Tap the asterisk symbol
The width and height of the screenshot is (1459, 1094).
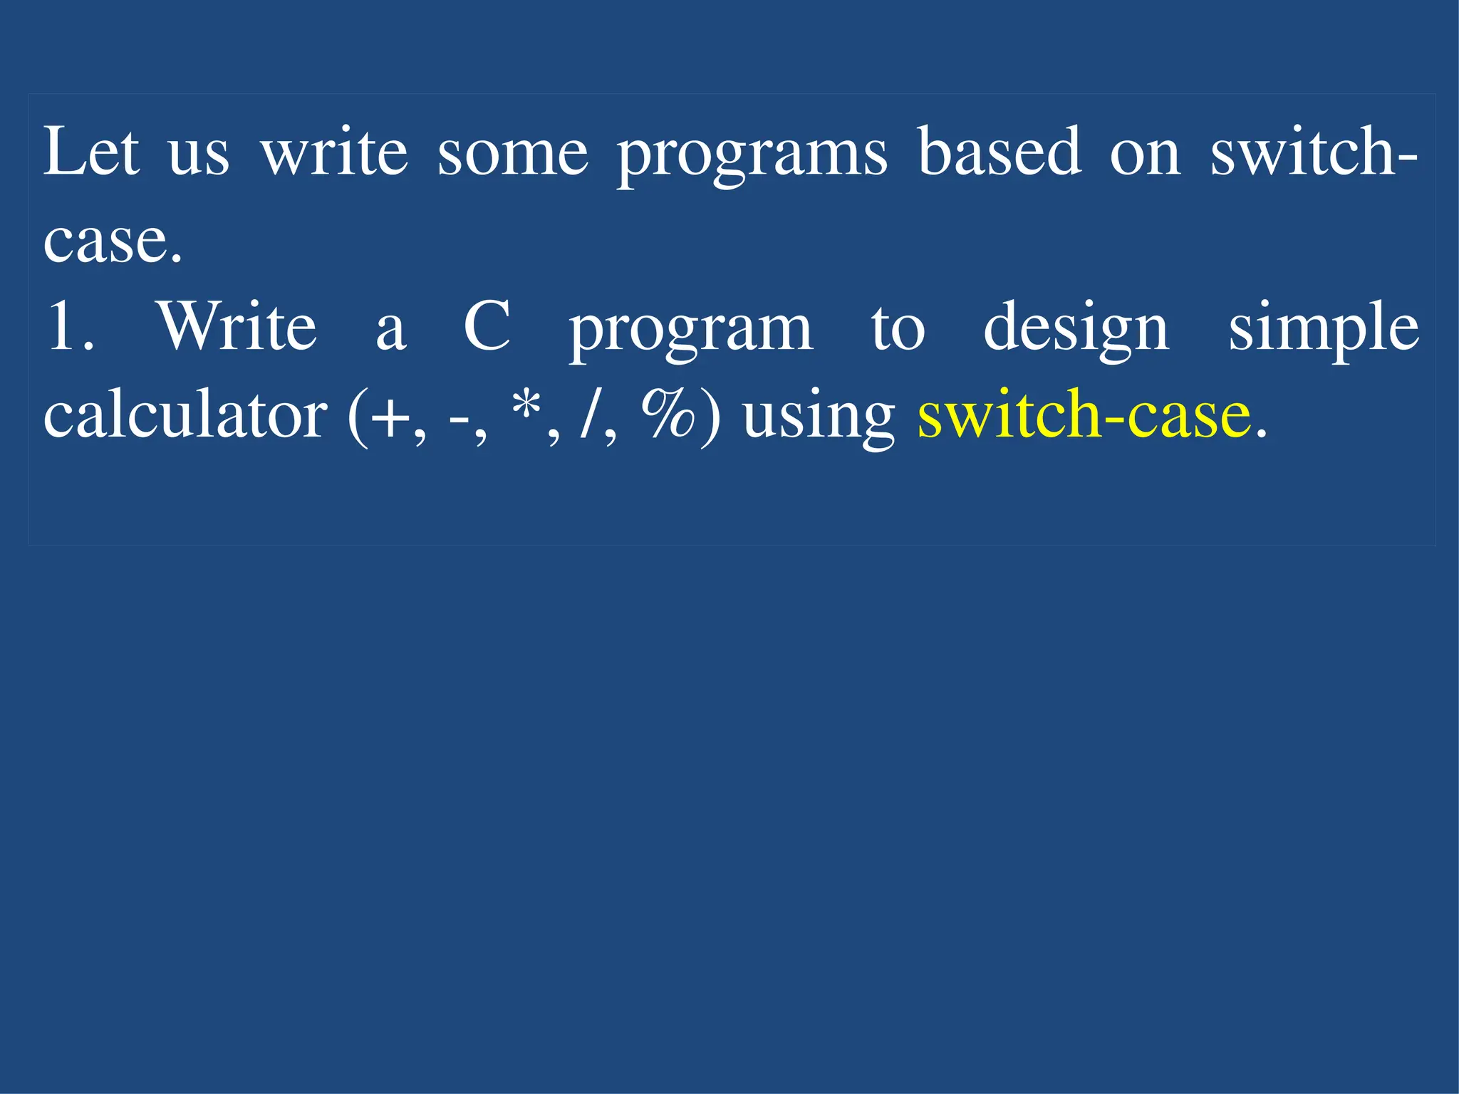coord(526,406)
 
